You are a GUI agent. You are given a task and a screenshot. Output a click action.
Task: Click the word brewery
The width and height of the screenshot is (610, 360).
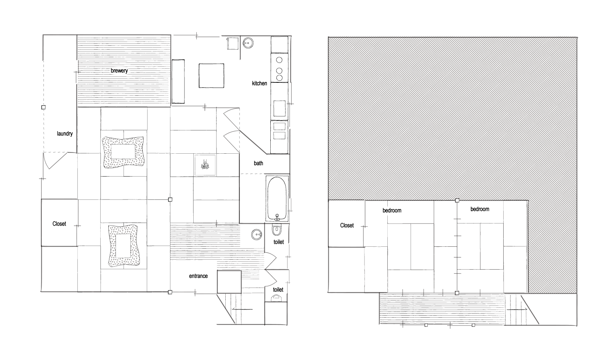[119, 71]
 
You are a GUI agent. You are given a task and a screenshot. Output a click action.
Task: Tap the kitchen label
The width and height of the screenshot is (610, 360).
[259, 84]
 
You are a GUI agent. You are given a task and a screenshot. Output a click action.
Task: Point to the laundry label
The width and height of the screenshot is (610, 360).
[64, 134]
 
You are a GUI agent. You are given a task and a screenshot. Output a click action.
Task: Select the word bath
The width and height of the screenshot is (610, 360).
[258, 163]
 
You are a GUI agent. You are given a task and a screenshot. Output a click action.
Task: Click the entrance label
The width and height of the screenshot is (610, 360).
[198, 276]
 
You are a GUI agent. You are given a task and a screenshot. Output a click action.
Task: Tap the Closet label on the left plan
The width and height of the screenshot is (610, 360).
[59, 224]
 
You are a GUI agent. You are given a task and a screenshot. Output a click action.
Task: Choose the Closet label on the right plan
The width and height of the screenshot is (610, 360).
[347, 225]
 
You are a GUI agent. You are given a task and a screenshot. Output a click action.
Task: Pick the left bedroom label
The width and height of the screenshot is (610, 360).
[392, 211]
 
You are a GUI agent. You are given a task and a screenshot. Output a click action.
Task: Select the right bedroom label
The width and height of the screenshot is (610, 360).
[480, 209]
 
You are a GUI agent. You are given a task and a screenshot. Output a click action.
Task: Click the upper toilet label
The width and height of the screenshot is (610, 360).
[279, 242]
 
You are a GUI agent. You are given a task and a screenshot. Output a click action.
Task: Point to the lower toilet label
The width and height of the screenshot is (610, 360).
[278, 290]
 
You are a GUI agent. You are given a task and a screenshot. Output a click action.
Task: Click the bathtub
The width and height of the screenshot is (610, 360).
[277, 199]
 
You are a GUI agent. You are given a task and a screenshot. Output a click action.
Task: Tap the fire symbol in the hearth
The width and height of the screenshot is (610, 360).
[205, 165]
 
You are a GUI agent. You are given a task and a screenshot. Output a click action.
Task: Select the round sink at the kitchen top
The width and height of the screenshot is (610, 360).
[248, 43]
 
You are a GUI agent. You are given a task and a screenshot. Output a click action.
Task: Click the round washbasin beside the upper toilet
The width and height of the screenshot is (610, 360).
[257, 235]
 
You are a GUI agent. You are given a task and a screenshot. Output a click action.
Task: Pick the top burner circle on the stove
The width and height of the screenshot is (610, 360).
[279, 60]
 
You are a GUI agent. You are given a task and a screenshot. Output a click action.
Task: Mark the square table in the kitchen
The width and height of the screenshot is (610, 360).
[211, 76]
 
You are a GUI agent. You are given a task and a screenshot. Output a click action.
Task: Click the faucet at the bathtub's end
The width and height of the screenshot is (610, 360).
[277, 217]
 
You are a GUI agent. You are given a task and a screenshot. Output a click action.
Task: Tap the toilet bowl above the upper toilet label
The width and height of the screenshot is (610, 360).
[277, 230]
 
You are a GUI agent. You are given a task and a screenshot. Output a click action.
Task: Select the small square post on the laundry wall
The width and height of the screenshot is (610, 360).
[43, 107]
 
